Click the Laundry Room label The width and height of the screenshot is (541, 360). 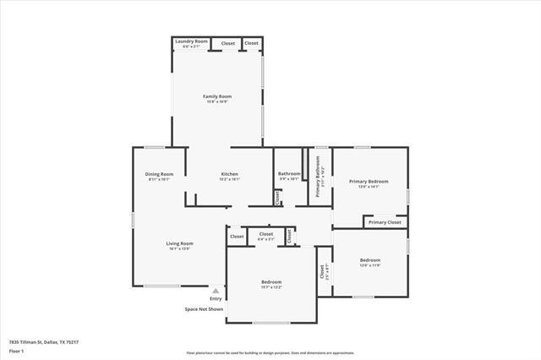[191, 41]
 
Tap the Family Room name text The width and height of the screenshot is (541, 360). [217, 96]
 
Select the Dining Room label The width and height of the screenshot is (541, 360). [159, 174]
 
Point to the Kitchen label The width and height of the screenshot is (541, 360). [230, 174]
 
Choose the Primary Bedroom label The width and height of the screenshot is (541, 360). [369, 182]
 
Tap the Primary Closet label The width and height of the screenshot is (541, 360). [384, 222]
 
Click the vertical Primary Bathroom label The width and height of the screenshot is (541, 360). [318, 180]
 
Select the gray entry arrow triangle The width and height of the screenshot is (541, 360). [216, 291]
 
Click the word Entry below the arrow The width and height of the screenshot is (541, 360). [216, 298]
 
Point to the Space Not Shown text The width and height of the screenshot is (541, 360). [204, 309]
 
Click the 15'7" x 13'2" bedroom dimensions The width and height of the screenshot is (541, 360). [271, 287]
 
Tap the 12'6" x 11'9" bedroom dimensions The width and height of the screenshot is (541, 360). [370, 265]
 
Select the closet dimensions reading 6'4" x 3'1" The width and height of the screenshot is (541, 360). [266, 239]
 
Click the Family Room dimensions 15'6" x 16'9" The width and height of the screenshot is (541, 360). [217, 102]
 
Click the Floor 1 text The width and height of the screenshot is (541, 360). [16, 351]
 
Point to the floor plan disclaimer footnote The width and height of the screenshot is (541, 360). [270, 352]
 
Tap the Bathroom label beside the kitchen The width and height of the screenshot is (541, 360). [289, 174]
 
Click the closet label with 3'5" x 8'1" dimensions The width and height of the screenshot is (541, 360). [322, 272]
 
